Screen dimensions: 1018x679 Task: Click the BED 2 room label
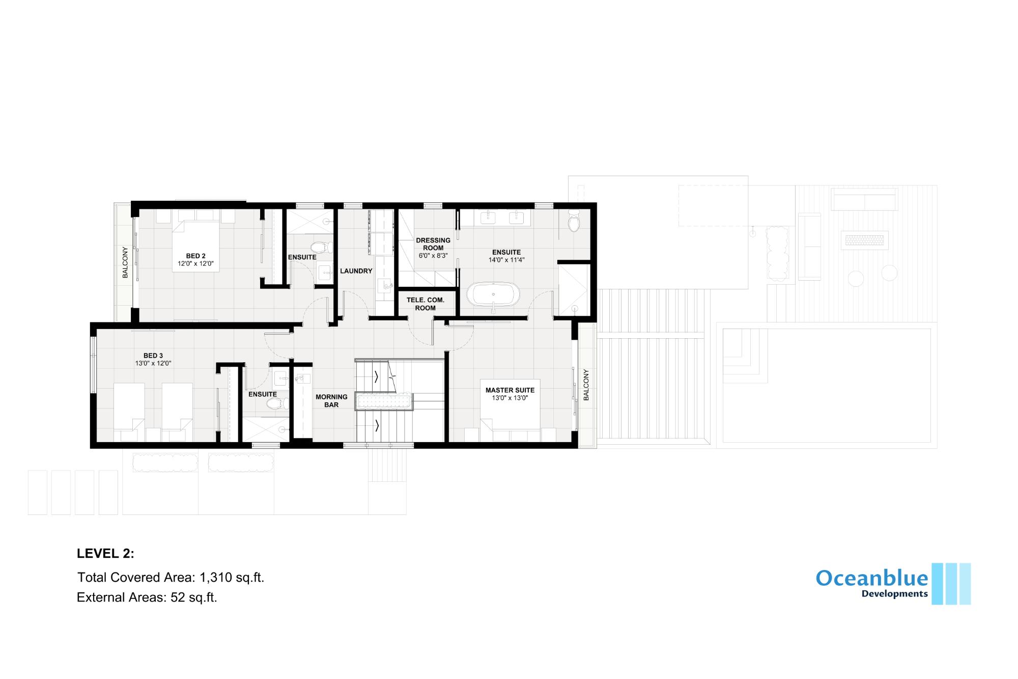195,256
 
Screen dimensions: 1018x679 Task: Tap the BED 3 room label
153,356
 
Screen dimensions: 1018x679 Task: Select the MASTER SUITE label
510,390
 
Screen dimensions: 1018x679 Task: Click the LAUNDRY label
356,271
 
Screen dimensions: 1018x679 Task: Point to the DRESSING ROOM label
433,244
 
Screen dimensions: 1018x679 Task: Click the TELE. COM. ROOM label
426,304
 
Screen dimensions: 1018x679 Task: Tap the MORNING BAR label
331,401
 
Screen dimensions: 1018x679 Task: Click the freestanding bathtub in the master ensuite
493,294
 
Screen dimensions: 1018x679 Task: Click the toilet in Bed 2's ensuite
319,248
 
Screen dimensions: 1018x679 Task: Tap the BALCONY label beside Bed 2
125,262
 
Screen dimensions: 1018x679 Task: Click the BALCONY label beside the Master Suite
586,385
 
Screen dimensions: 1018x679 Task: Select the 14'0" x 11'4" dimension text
506,260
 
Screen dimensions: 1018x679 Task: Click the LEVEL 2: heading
106,554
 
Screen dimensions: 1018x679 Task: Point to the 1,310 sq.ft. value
232,577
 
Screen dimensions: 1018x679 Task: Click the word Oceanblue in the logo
872,578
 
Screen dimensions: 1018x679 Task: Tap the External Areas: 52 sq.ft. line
147,597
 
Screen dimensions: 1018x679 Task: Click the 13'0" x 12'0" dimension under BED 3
153,364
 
